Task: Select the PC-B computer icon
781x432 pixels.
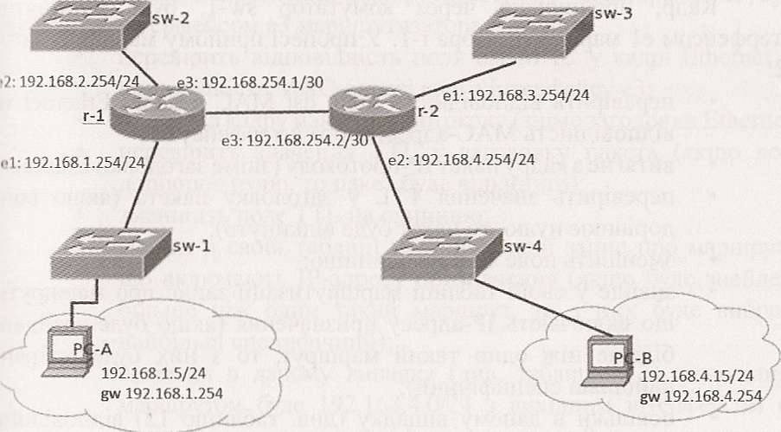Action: tap(609, 354)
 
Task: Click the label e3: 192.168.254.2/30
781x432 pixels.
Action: tap(308, 139)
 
